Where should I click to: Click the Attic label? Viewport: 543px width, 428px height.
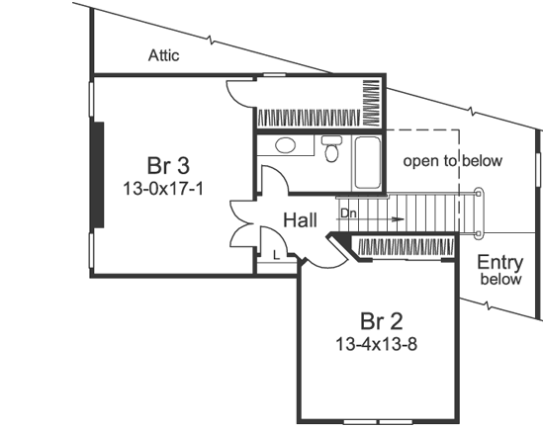tap(164, 55)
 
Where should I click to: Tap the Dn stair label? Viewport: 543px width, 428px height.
tap(347, 213)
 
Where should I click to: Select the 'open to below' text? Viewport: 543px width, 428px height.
tap(453, 160)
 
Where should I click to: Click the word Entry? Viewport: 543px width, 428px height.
tap(499, 262)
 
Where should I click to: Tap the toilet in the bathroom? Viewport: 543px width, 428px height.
tap(330, 150)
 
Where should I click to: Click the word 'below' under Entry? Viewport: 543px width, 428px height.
tap(499, 280)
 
